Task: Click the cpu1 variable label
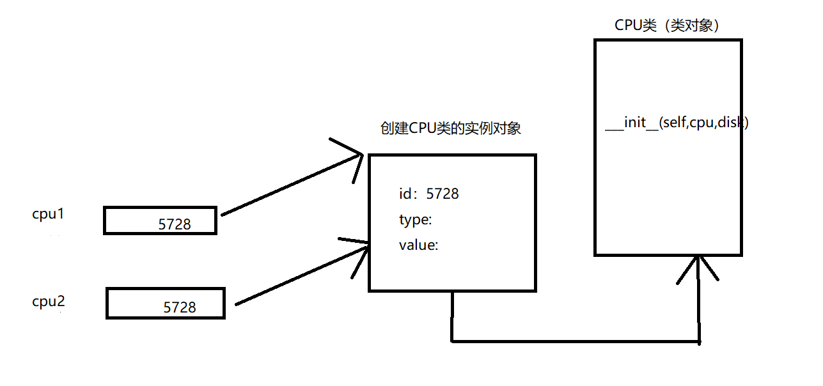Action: (x=48, y=214)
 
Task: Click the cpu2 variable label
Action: (x=48, y=302)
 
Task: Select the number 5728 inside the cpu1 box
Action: (x=175, y=224)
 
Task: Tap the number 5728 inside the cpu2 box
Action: (x=180, y=307)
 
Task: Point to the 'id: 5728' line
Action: (x=428, y=194)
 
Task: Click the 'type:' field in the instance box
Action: (x=415, y=220)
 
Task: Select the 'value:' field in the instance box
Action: (x=418, y=245)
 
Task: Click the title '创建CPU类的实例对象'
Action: (x=450, y=128)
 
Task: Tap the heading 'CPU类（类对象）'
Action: (x=667, y=25)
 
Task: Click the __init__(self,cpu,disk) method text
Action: (x=677, y=123)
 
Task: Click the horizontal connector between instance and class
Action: (x=576, y=341)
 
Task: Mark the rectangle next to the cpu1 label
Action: (x=160, y=220)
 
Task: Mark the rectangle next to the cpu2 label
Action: (x=166, y=303)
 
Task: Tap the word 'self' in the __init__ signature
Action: (x=674, y=123)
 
